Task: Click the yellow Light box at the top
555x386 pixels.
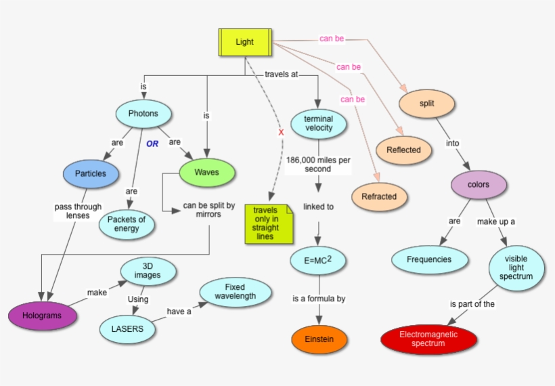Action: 244,42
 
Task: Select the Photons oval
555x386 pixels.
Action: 143,114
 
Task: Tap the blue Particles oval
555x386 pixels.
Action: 90,173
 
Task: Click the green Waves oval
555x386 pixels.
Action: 207,173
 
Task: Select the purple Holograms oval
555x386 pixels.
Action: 43,316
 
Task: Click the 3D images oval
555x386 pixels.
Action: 148,271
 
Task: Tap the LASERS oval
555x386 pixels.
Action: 127,329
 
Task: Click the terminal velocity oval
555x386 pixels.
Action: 319,124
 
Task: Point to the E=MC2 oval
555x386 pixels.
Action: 319,259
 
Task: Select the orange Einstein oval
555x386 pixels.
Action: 319,339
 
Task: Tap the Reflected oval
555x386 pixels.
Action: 403,150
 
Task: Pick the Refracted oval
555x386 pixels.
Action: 379,196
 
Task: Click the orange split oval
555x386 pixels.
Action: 427,104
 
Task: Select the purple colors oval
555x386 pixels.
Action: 479,185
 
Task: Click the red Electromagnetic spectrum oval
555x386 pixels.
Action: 428,339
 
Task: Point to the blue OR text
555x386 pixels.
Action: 152,144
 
